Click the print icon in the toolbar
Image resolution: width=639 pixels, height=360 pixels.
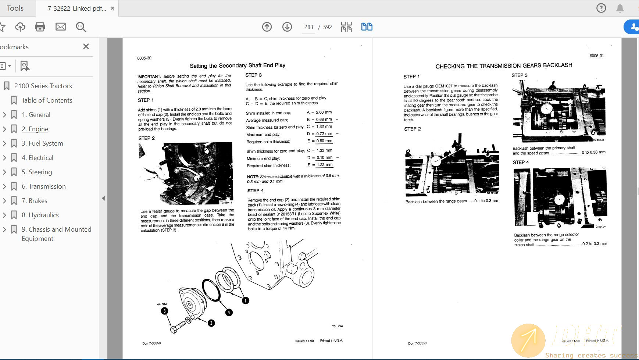(40, 26)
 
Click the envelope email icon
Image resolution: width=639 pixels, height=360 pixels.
(60, 26)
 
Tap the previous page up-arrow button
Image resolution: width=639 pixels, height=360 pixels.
(267, 26)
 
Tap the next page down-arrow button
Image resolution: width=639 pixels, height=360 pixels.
(287, 26)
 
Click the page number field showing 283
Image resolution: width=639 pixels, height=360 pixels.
(308, 27)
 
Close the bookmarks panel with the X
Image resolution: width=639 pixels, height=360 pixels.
(86, 46)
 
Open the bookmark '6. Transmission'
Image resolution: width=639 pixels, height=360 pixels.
(43, 186)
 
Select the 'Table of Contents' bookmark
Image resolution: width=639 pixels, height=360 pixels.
(47, 100)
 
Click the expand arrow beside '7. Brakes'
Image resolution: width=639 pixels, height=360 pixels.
(4, 201)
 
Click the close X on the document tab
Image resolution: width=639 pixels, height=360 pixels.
(113, 8)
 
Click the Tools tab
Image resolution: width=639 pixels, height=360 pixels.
(15, 8)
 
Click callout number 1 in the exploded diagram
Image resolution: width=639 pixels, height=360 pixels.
(245, 300)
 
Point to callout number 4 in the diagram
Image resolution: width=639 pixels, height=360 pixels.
(229, 312)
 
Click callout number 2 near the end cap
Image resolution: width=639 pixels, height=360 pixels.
(211, 323)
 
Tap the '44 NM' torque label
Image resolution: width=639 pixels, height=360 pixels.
(162, 304)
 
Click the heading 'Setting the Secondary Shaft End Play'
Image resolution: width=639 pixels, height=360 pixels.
(238, 65)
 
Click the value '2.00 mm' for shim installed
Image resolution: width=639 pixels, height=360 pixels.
(324, 112)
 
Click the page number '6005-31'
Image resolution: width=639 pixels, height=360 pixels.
(596, 56)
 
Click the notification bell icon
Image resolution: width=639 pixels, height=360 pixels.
(620, 8)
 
